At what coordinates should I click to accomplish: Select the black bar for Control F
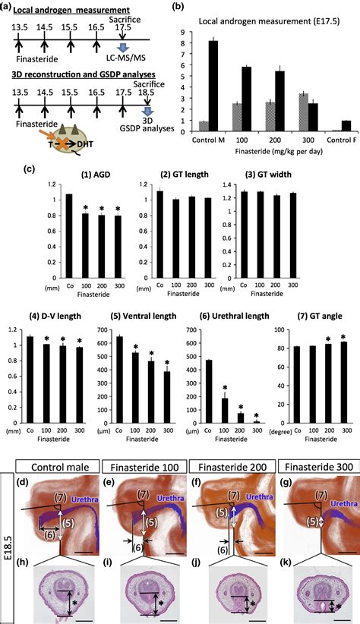click(x=346, y=125)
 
